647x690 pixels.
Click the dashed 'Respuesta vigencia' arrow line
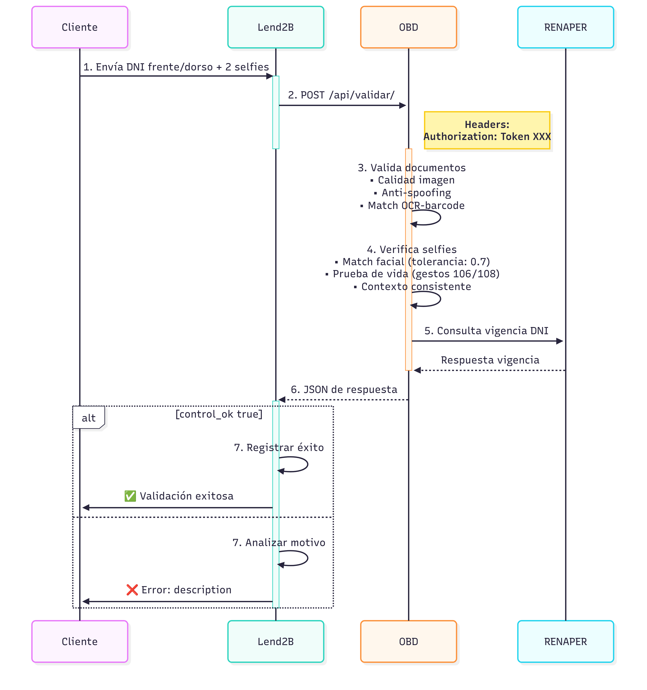489,370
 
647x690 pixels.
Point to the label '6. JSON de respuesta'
344,389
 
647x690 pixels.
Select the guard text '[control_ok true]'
219,414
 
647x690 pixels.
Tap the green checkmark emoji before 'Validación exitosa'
130,496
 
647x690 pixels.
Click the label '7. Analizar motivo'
279,542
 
